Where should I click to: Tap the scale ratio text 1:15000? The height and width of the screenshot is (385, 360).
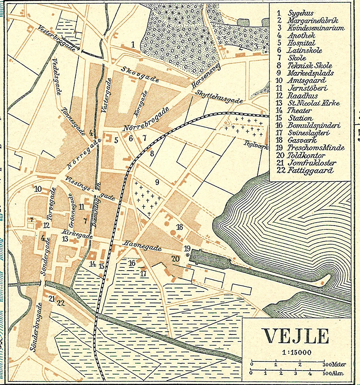tap(297, 353)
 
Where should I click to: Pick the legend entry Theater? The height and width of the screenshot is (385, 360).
tap(299, 110)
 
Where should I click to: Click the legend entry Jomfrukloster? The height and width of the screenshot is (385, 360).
tap(312, 163)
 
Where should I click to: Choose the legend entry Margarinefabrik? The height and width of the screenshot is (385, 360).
tap(312, 21)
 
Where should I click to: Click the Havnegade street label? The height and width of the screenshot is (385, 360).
tap(143, 246)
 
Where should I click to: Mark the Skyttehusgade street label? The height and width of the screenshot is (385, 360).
tap(219, 97)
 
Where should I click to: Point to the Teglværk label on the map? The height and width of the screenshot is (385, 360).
tap(256, 145)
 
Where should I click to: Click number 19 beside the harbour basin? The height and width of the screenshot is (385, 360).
tap(187, 248)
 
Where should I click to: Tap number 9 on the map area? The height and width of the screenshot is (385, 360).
tap(157, 182)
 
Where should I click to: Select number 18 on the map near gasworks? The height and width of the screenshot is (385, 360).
tap(179, 227)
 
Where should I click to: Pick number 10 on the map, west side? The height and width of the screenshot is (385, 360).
tap(38, 189)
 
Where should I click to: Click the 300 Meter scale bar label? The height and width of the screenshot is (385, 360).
tap(334, 364)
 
